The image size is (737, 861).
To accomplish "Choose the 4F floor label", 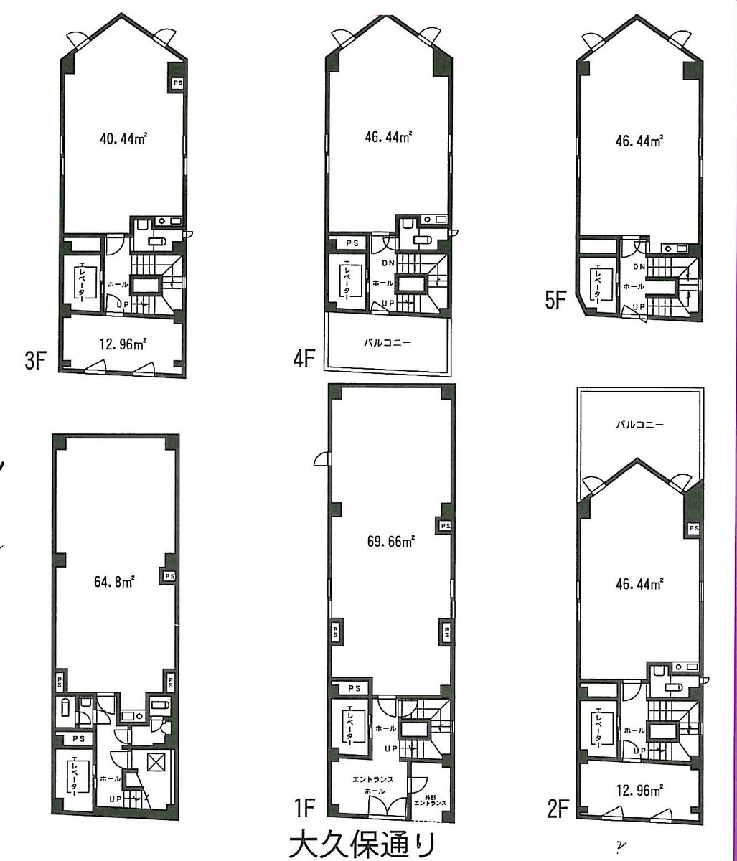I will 304,358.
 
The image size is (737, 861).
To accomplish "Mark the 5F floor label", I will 556,299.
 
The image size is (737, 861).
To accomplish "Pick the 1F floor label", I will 304,809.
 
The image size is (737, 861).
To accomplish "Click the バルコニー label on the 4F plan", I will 388,343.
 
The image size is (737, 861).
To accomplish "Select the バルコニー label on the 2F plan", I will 639,424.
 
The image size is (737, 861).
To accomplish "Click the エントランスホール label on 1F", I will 369,784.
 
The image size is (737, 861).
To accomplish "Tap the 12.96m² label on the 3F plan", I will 123,344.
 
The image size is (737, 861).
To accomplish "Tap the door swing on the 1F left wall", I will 320,459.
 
